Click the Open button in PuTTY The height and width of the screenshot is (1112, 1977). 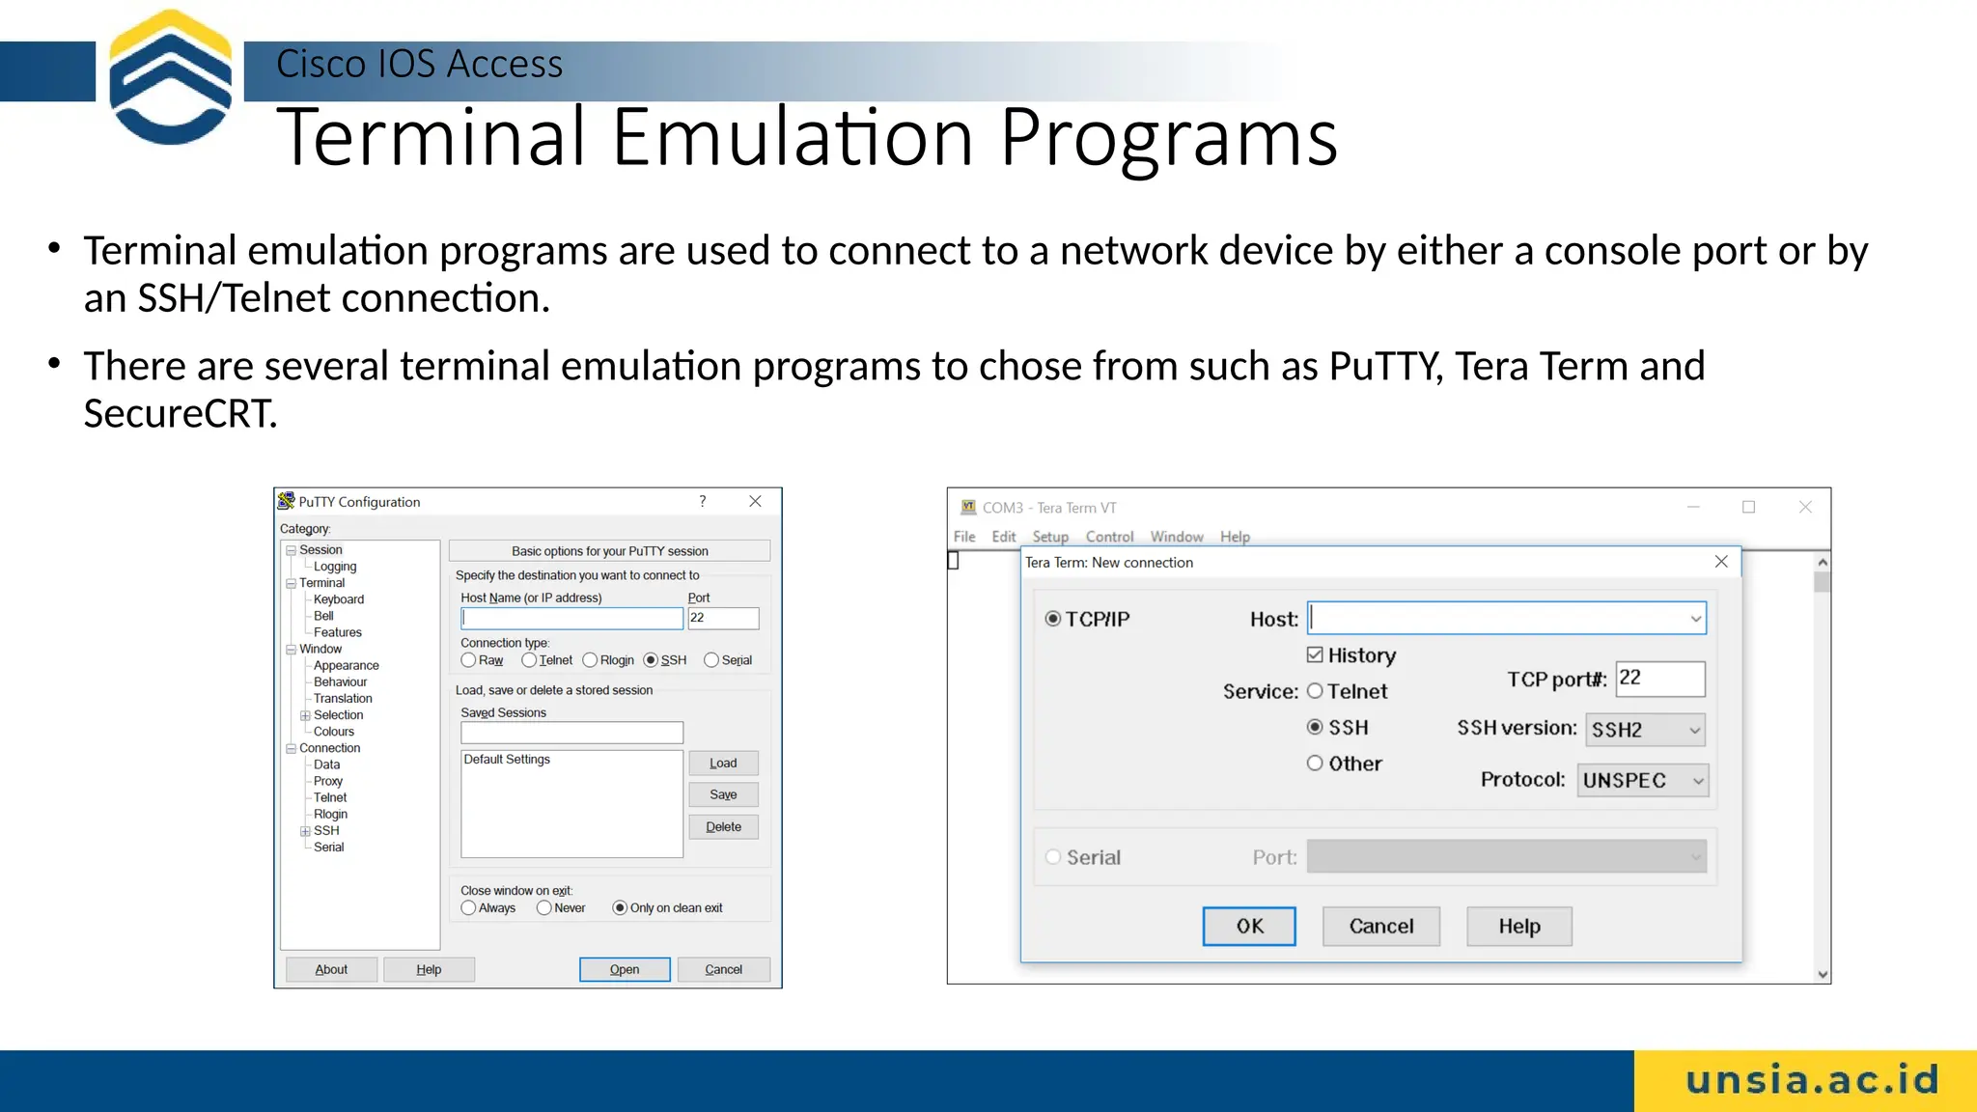625,969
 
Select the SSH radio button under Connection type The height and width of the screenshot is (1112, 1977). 651,660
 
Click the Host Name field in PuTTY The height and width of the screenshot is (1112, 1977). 571,618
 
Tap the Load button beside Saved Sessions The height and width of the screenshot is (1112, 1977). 723,763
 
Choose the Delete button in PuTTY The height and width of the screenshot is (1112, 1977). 723,827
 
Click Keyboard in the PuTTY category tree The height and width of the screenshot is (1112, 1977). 339,599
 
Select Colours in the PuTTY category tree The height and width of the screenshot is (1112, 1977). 334,732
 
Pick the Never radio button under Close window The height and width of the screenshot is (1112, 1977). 544,908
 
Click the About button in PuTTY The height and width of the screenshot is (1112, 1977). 331,969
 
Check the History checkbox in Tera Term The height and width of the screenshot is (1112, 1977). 1315,655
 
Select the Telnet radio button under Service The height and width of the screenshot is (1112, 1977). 1315,691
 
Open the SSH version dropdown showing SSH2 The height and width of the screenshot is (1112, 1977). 1645,730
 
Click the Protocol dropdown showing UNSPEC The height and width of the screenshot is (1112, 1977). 1642,780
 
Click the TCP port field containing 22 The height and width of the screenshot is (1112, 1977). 1659,679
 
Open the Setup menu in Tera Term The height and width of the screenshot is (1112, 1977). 1049,537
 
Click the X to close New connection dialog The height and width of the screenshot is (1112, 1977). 1721,562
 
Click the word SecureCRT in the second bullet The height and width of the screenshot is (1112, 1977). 180,414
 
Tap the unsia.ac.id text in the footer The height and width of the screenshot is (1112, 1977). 1812,1080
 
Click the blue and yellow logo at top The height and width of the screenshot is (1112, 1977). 170,77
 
